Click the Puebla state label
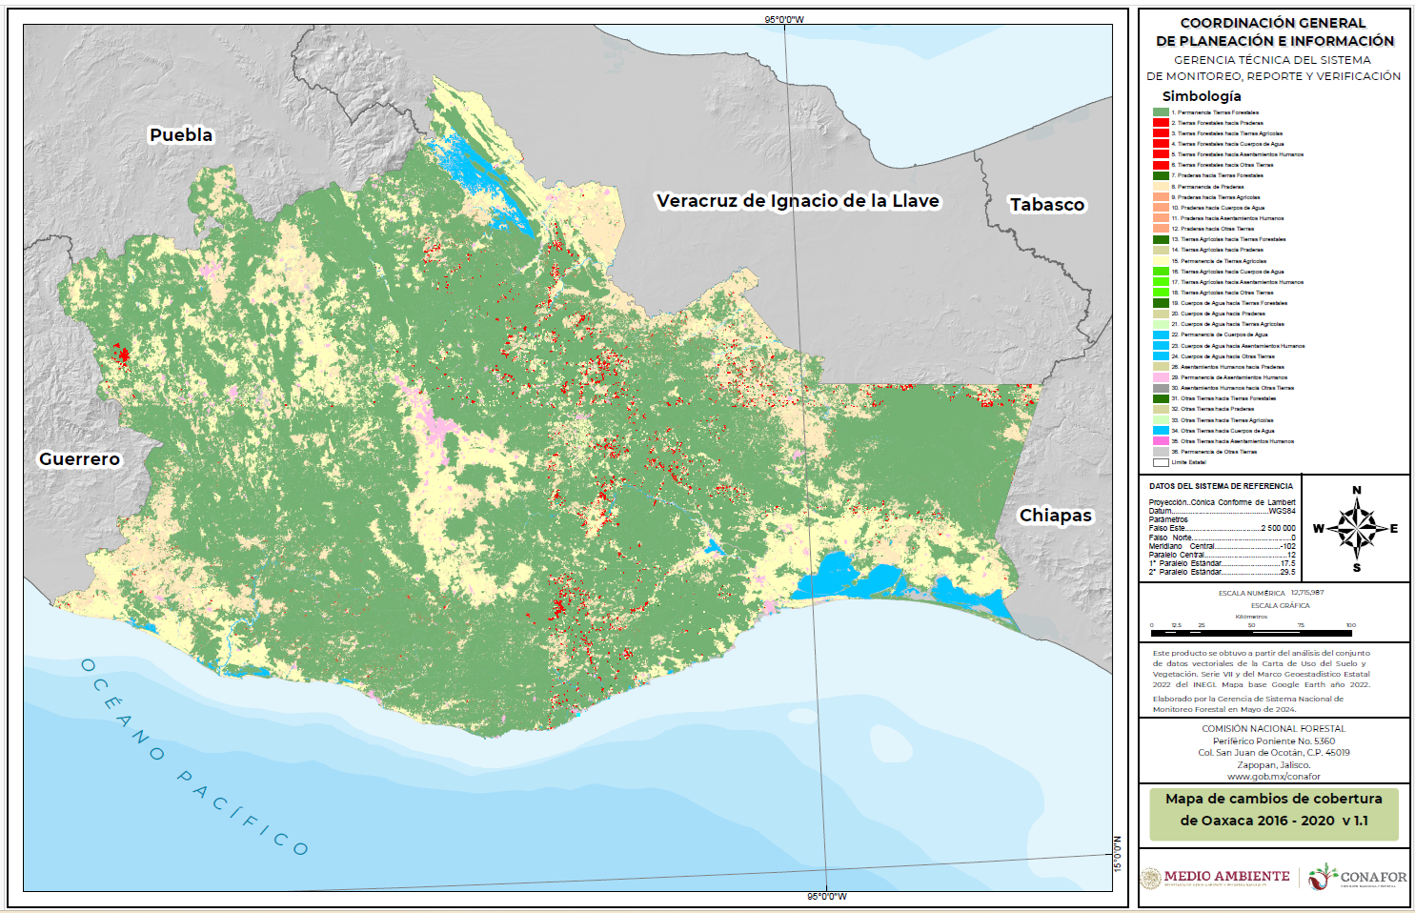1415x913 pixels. coord(181,135)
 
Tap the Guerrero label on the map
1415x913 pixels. coord(79,459)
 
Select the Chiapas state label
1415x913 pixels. coord(1056,516)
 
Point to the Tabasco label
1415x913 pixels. coord(1047,205)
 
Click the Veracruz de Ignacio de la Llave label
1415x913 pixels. coord(798,201)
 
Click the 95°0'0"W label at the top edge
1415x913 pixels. coord(784,19)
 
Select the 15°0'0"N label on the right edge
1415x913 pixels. coord(1118,854)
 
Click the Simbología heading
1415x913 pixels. coord(1202,96)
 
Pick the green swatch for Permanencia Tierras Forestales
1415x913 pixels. coord(1161,112)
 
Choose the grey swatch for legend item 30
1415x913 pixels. coord(1161,388)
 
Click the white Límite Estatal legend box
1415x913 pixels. coord(1161,462)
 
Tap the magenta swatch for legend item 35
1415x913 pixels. coord(1161,441)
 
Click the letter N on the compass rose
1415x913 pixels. coord(1357,491)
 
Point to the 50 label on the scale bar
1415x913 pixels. coord(1251,625)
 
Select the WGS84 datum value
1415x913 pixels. coord(1282,511)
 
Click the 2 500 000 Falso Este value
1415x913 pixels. coord(1278,528)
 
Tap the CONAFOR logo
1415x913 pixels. coord(1358,877)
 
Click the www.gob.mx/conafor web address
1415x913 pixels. coord(1273,777)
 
